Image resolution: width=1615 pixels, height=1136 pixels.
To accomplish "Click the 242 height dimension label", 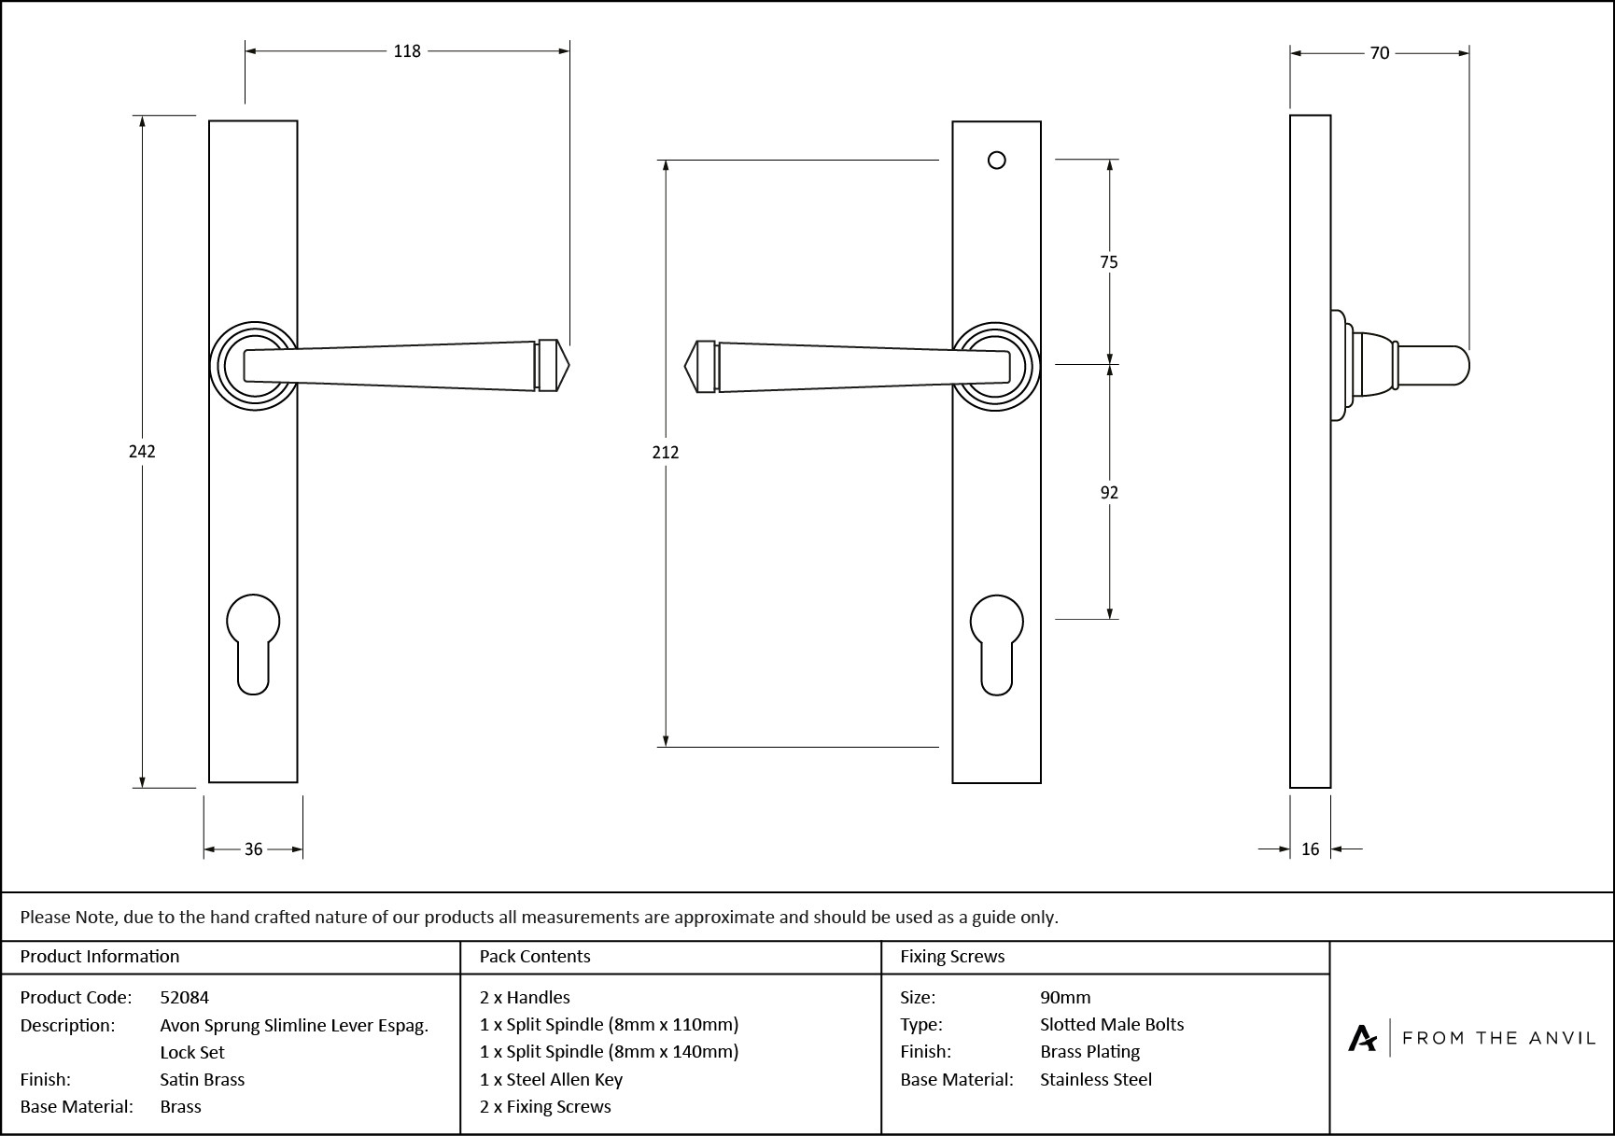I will coord(142,452).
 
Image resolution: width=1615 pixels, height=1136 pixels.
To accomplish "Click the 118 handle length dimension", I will coord(407,51).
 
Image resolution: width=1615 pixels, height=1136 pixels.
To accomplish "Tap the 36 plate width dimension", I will coord(253,849).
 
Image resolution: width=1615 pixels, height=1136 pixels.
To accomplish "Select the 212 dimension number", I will coord(666,453).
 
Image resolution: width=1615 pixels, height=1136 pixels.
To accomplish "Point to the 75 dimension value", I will coord(1108,262).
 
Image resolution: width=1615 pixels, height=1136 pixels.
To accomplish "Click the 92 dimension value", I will coord(1109,493).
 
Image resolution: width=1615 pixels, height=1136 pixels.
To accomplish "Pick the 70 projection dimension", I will coord(1380,53).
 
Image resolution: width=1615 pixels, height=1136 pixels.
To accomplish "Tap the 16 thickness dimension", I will coord(1310,849).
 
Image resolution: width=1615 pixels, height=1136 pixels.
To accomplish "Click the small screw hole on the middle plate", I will coord(997,161).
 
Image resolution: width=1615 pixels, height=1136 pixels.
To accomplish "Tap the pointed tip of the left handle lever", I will coord(563,365).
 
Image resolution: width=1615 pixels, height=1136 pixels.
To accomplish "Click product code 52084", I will coord(185,997).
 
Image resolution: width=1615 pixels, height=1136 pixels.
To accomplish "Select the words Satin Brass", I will coord(203,1080).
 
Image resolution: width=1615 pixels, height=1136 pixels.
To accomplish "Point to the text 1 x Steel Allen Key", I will coord(551,1080).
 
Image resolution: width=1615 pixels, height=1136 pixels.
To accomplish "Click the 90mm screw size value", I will coord(1065,997).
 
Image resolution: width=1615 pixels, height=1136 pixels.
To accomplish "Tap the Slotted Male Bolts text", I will coord(1112,1025).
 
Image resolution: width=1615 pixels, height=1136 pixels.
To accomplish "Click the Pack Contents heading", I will coord(535,957).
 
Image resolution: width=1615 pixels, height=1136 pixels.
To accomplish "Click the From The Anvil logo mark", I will coord(1363,1038).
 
